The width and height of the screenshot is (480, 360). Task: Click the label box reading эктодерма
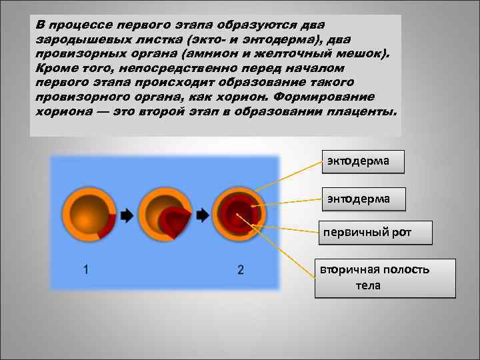point(363,161)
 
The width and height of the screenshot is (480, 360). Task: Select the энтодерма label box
point(363,197)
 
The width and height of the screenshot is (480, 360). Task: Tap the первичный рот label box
point(375,233)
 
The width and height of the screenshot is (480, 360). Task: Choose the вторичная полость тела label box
point(385,277)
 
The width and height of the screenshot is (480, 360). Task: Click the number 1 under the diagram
point(87,269)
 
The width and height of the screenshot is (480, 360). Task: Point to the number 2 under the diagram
point(240,269)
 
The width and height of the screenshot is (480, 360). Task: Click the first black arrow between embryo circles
point(127,215)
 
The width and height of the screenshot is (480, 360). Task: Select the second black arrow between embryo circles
point(201,215)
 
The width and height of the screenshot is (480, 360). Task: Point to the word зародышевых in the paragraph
point(73,39)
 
